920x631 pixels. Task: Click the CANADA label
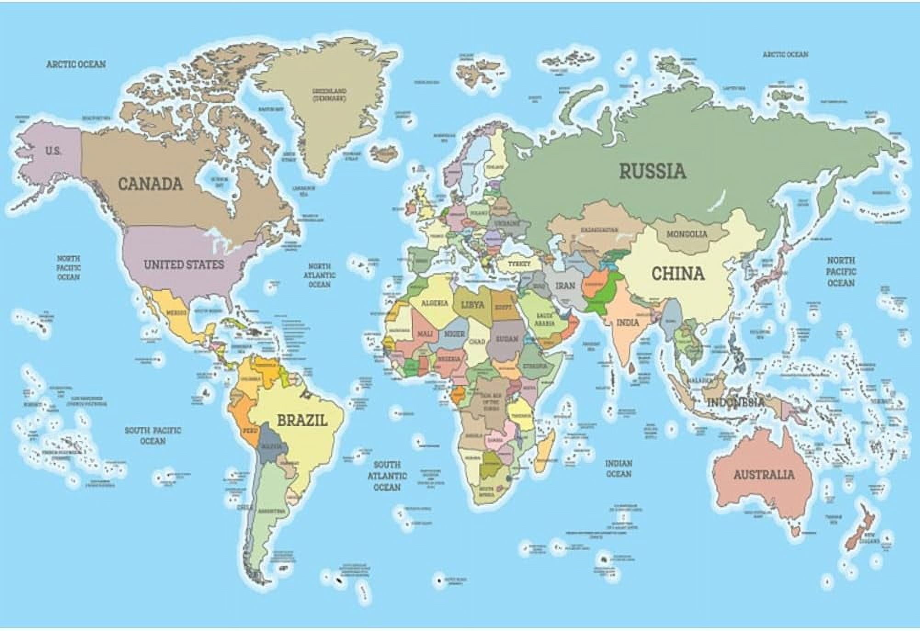[x=150, y=184]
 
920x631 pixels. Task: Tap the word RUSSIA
[x=652, y=171]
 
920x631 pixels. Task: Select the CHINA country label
[x=678, y=274]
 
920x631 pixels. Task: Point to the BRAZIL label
[x=302, y=420]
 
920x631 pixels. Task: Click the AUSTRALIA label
[x=763, y=474]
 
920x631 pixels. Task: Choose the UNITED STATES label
[x=184, y=265]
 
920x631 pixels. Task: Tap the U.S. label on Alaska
[x=53, y=151]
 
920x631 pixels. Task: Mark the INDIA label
[x=628, y=322]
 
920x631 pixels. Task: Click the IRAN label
[x=565, y=286]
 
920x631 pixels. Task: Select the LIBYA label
[x=472, y=305]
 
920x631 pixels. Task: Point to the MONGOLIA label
[x=687, y=234]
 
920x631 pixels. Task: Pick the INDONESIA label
[x=736, y=403]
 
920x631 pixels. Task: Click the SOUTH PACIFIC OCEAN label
[x=153, y=435]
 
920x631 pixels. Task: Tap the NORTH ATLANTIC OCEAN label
[x=319, y=275]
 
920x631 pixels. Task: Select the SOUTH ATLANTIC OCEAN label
[x=387, y=476]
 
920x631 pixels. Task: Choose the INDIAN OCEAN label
[x=619, y=468]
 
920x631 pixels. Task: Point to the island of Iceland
[x=384, y=154]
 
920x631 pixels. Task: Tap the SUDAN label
[x=507, y=338]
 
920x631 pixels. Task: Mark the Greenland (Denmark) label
[x=329, y=95]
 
